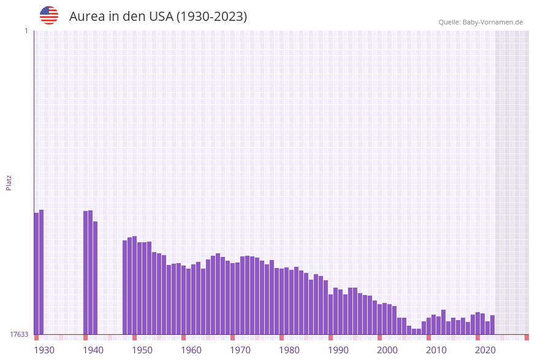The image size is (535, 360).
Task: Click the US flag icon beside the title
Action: click(49, 15)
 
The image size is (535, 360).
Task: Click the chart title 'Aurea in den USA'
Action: click(158, 17)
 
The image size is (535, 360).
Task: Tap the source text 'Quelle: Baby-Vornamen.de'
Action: click(480, 22)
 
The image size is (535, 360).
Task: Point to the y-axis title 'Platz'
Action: click(9, 182)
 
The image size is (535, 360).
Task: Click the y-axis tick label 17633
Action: click(19, 334)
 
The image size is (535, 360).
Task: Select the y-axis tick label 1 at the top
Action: click(26, 31)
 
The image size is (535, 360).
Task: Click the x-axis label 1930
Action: click(44, 350)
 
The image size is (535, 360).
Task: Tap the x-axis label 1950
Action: click(142, 350)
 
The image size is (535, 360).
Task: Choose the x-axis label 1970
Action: click(240, 350)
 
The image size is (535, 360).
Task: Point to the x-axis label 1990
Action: click(338, 350)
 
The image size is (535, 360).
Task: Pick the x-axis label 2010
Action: click(436, 350)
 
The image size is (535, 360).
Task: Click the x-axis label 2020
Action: click(485, 350)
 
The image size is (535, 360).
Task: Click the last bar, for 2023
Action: click(493, 324)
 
